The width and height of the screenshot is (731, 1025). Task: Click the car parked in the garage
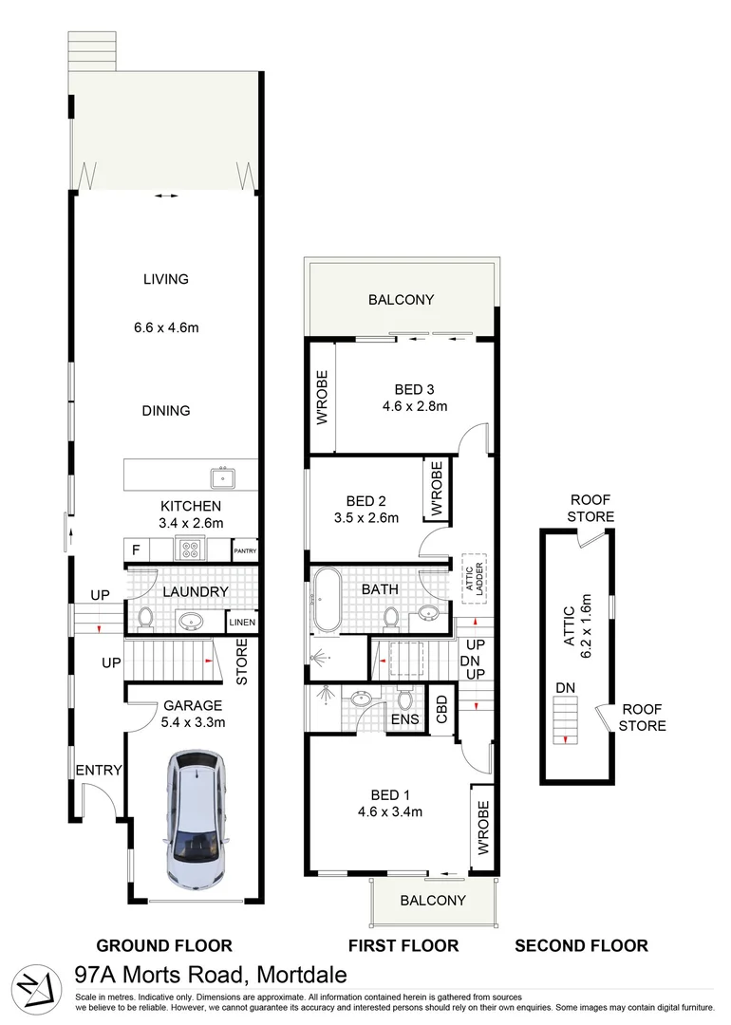point(196,817)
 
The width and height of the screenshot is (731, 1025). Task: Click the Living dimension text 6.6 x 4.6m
point(166,328)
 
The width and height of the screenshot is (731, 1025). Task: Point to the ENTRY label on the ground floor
point(99,770)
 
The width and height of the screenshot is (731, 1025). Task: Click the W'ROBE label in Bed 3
point(321,398)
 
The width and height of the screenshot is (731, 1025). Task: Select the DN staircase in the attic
point(564,721)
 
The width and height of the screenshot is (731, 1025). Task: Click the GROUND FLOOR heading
point(164,945)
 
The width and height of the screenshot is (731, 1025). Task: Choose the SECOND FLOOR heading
point(581,945)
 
